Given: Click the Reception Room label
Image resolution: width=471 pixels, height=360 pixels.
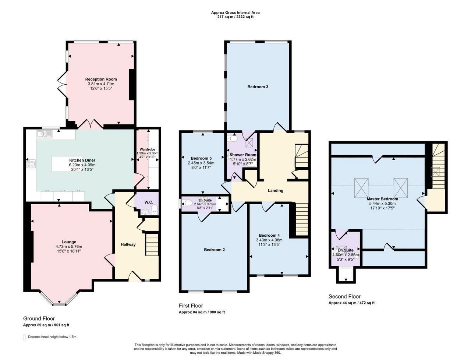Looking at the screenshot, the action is click(x=101, y=79).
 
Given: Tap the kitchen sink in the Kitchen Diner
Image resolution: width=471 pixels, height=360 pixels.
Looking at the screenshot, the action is click(x=44, y=134).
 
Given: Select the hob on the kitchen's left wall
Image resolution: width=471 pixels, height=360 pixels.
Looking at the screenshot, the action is click(x=31, y=163).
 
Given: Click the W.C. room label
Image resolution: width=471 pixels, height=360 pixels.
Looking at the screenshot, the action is click(x=149, y=202).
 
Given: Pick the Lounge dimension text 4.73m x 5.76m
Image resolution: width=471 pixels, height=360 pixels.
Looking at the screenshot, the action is click(x=69, y=247).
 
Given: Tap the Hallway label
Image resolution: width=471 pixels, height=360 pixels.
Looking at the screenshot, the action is click(x=128, y=244).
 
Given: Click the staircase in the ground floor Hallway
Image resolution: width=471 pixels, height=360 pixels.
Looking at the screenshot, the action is click(x=152, y=245).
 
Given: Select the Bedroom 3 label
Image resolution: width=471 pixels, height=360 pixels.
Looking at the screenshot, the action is click(x=258, y=87).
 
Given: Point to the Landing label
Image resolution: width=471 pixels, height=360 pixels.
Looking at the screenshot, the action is click(x=276, y=190).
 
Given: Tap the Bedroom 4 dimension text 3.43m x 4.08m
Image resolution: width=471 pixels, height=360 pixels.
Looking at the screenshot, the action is click(x=269, y=240).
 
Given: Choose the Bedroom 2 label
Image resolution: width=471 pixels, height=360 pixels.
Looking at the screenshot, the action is click(x=214, y=250).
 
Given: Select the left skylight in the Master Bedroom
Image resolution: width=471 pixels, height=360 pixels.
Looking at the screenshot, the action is click(x=361, y=188).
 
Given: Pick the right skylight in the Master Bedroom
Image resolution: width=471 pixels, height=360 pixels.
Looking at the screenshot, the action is click(x=400, y=188).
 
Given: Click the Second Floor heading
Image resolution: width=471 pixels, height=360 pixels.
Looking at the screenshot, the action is click(x=344, y=296).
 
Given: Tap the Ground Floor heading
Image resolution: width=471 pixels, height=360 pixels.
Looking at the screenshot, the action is click(x=39, y=318).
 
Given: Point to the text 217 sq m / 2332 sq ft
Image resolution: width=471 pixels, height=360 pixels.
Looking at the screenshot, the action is click(x=235, y=17).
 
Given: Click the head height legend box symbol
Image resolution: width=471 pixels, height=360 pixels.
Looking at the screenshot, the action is click(x=24, y=337).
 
